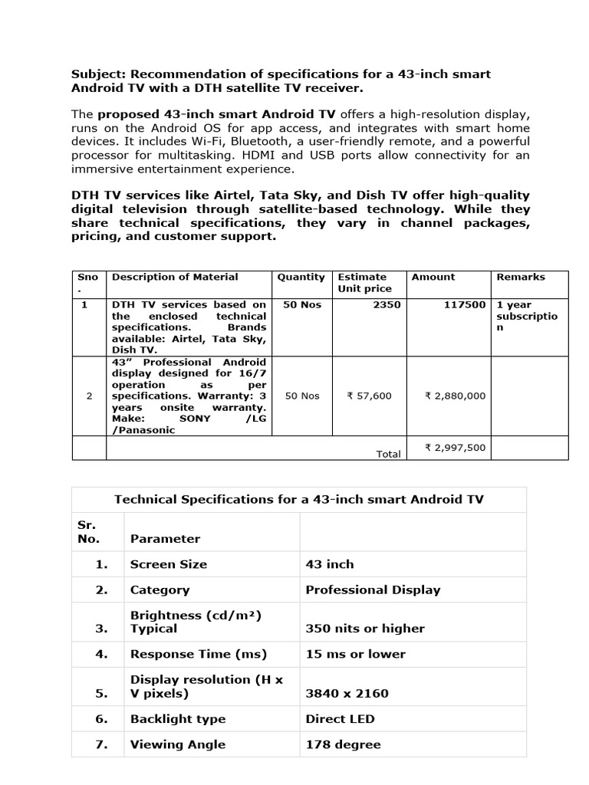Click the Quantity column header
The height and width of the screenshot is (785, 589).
pos(301,277)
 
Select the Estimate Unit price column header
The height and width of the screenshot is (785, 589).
pos(364,283)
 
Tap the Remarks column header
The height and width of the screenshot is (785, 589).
pos(521,277)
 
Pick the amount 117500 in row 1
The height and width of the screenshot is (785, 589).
pos(465,304)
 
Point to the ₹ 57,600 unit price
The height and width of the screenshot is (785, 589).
pos(369,396)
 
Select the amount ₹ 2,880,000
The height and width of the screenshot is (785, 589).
pos(455,396)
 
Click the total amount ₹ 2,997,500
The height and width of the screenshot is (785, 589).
pos(455,448)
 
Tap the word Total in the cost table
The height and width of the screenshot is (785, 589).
pos(388,454)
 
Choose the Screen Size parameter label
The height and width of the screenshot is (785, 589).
pos(169,564)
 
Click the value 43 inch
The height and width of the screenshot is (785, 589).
pos(330,564)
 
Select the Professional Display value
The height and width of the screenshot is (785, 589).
pos(373,590)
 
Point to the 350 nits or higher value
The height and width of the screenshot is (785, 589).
pos(364,629)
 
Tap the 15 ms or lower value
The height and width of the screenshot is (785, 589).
pos(355,654)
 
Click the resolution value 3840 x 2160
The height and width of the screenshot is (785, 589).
pos(347,693)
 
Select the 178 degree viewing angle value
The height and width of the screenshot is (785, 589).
pos(343,744)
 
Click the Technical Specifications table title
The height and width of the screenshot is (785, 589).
pos(299,499)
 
